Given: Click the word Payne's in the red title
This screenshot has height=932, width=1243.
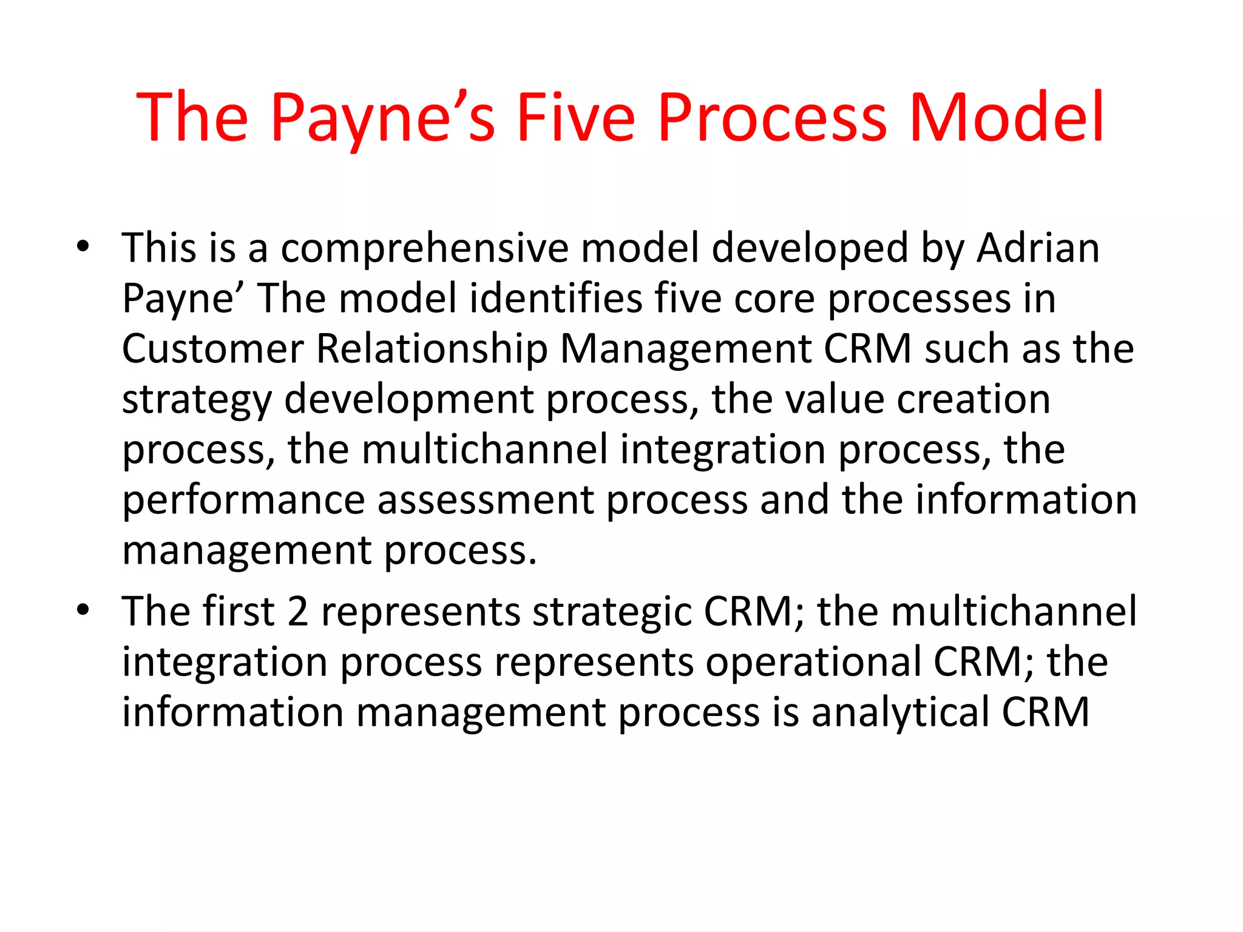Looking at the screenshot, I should tap(382, 118).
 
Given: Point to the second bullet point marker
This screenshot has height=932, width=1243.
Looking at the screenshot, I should tap(83, 609).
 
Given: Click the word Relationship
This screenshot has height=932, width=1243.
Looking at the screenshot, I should tap(432, 350).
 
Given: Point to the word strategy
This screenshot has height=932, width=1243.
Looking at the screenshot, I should tap(197, 401).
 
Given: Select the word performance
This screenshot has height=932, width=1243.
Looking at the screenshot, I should tap(243, 501).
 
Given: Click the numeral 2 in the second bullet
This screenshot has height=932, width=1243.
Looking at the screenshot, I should tap(297, 611).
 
